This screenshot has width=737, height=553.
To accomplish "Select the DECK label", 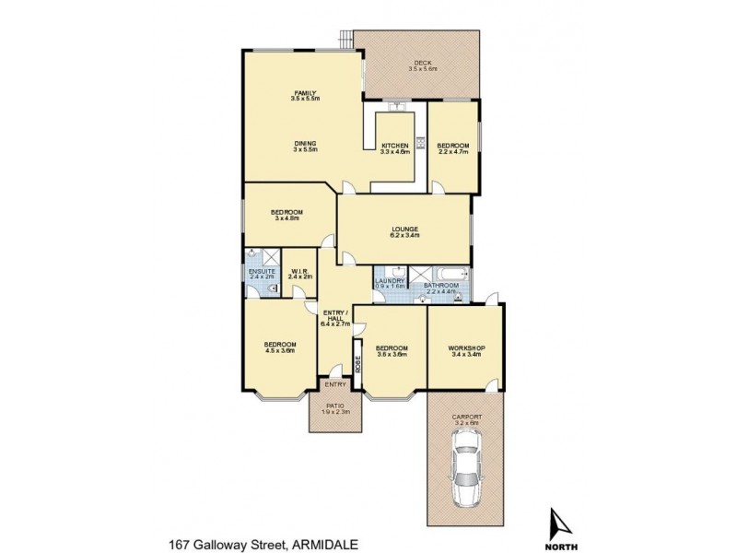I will [422, 63].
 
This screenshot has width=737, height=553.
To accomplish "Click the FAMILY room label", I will [305, 93].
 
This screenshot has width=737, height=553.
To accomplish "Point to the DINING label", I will [306, 143].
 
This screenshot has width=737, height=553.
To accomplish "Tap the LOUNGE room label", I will [404, 229].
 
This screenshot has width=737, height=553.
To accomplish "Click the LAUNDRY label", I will [390, 280].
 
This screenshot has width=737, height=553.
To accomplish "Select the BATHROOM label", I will [440, 286].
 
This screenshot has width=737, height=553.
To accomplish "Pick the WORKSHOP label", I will [466, 347].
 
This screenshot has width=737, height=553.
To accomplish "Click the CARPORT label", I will [466, 418].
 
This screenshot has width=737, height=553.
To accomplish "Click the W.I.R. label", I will [300, 271].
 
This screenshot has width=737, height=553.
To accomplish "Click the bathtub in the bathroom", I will [452, 273].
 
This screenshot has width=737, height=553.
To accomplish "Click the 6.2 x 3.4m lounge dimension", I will [404, 235].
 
